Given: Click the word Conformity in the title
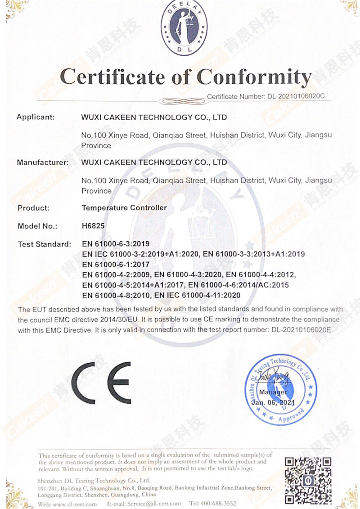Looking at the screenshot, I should [255, 77].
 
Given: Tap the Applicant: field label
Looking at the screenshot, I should [36, 117].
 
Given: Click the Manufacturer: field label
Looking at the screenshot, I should [43, 162].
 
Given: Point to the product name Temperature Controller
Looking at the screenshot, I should [124, 208].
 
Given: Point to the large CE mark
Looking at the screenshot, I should [101, 382].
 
